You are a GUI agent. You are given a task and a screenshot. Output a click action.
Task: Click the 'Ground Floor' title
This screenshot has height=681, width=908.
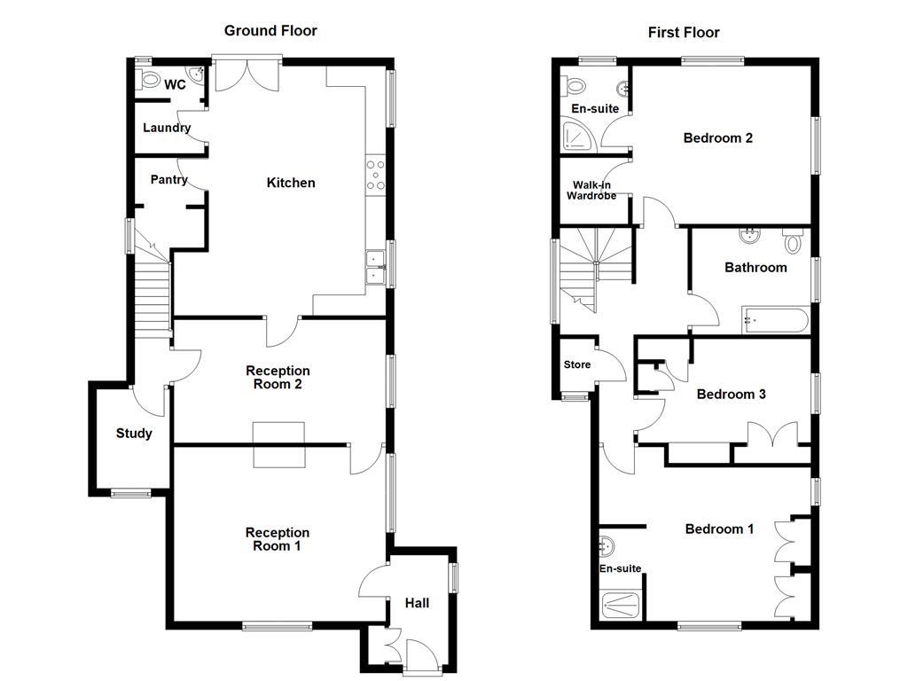[270, 31]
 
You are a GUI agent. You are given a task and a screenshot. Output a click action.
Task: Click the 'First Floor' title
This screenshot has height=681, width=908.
[684, 33]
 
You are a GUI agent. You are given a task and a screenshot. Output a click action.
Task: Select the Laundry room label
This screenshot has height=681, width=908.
[167, 128]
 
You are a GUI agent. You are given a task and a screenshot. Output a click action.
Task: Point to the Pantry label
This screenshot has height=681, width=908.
[168, 180]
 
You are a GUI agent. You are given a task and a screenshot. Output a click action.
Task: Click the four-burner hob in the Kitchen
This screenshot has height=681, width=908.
[376, 175]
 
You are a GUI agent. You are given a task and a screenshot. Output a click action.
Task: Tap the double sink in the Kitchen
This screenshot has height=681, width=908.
[375, 267]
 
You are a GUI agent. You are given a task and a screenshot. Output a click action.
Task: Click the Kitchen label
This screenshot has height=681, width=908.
[291, 183]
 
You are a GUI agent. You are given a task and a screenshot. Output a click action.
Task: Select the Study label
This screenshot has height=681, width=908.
[134, 434]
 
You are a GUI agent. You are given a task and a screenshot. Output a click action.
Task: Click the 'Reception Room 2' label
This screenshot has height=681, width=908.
[278, 378]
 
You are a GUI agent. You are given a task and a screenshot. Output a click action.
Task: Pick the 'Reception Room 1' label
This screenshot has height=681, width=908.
[278, 539]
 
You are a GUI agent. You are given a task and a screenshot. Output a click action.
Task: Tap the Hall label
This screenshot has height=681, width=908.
[417, 603]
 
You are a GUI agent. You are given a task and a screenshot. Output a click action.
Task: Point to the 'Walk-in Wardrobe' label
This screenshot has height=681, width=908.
[591, 190]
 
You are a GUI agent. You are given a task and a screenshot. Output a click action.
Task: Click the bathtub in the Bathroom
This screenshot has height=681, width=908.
[775, 319]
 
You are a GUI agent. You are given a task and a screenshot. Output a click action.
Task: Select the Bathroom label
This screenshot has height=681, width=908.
[755, 267]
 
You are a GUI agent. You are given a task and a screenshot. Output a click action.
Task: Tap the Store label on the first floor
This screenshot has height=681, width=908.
[577, 364]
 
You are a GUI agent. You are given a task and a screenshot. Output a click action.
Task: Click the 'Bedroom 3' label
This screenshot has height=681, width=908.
[731, 394]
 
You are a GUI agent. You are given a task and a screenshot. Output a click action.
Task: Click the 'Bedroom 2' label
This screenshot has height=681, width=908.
[717, 138]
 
